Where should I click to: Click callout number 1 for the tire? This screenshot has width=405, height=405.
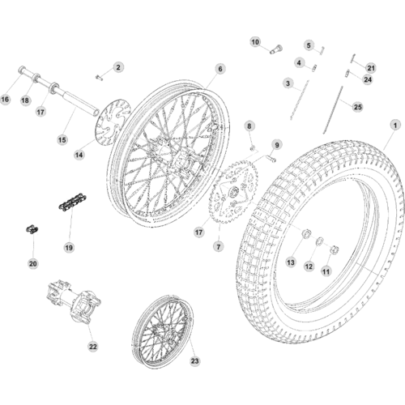pyautogui.click(x=395, y=126)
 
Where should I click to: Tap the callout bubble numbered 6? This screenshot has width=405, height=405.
pyautogui.click(x=220, y=69)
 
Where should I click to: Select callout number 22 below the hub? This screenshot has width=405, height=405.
pyautogui.click(x=92, y=347)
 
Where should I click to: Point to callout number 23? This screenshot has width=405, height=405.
pyautogui.click(x=194, y=361)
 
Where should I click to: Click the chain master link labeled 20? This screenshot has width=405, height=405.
pyautogui.click(x=32, y=230)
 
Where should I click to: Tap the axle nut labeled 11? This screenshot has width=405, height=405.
pyautogui.click(x=335, y=249)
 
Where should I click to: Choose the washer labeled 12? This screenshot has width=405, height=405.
pyautogui.click(x=320, y=241)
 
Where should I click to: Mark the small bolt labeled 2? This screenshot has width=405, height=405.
pyautogui.click(x=99, y=78)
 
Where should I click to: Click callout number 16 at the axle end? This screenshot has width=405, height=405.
pyautogui.click(x=5, y=100)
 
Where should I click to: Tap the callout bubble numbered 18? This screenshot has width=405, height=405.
pyautogui.click(x=25, y=100)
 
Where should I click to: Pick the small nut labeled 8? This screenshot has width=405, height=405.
pyautogui.click(x=253, y=147)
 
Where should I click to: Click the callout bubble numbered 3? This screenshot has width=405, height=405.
pyautogui.click(x=288, y=83)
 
